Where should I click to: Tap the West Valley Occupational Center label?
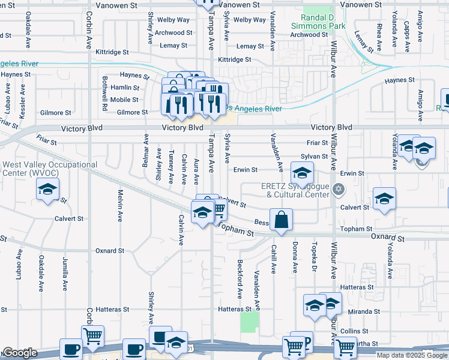[x=49, y=169]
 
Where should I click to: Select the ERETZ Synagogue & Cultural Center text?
[x=295, y=190]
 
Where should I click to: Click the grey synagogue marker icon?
[x=339, y=190]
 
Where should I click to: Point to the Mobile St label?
[x=124, y=100]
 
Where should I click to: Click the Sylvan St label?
[x=315, y=156]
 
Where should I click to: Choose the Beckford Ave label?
[x=240, y=279]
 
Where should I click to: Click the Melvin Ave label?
[x=120, y=204]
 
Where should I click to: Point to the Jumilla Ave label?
[x=65, y=274]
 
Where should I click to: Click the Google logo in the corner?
[x=20, y=353]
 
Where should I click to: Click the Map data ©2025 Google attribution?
[x=412, y=355]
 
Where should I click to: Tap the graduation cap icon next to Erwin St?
[x=303, y=173]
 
